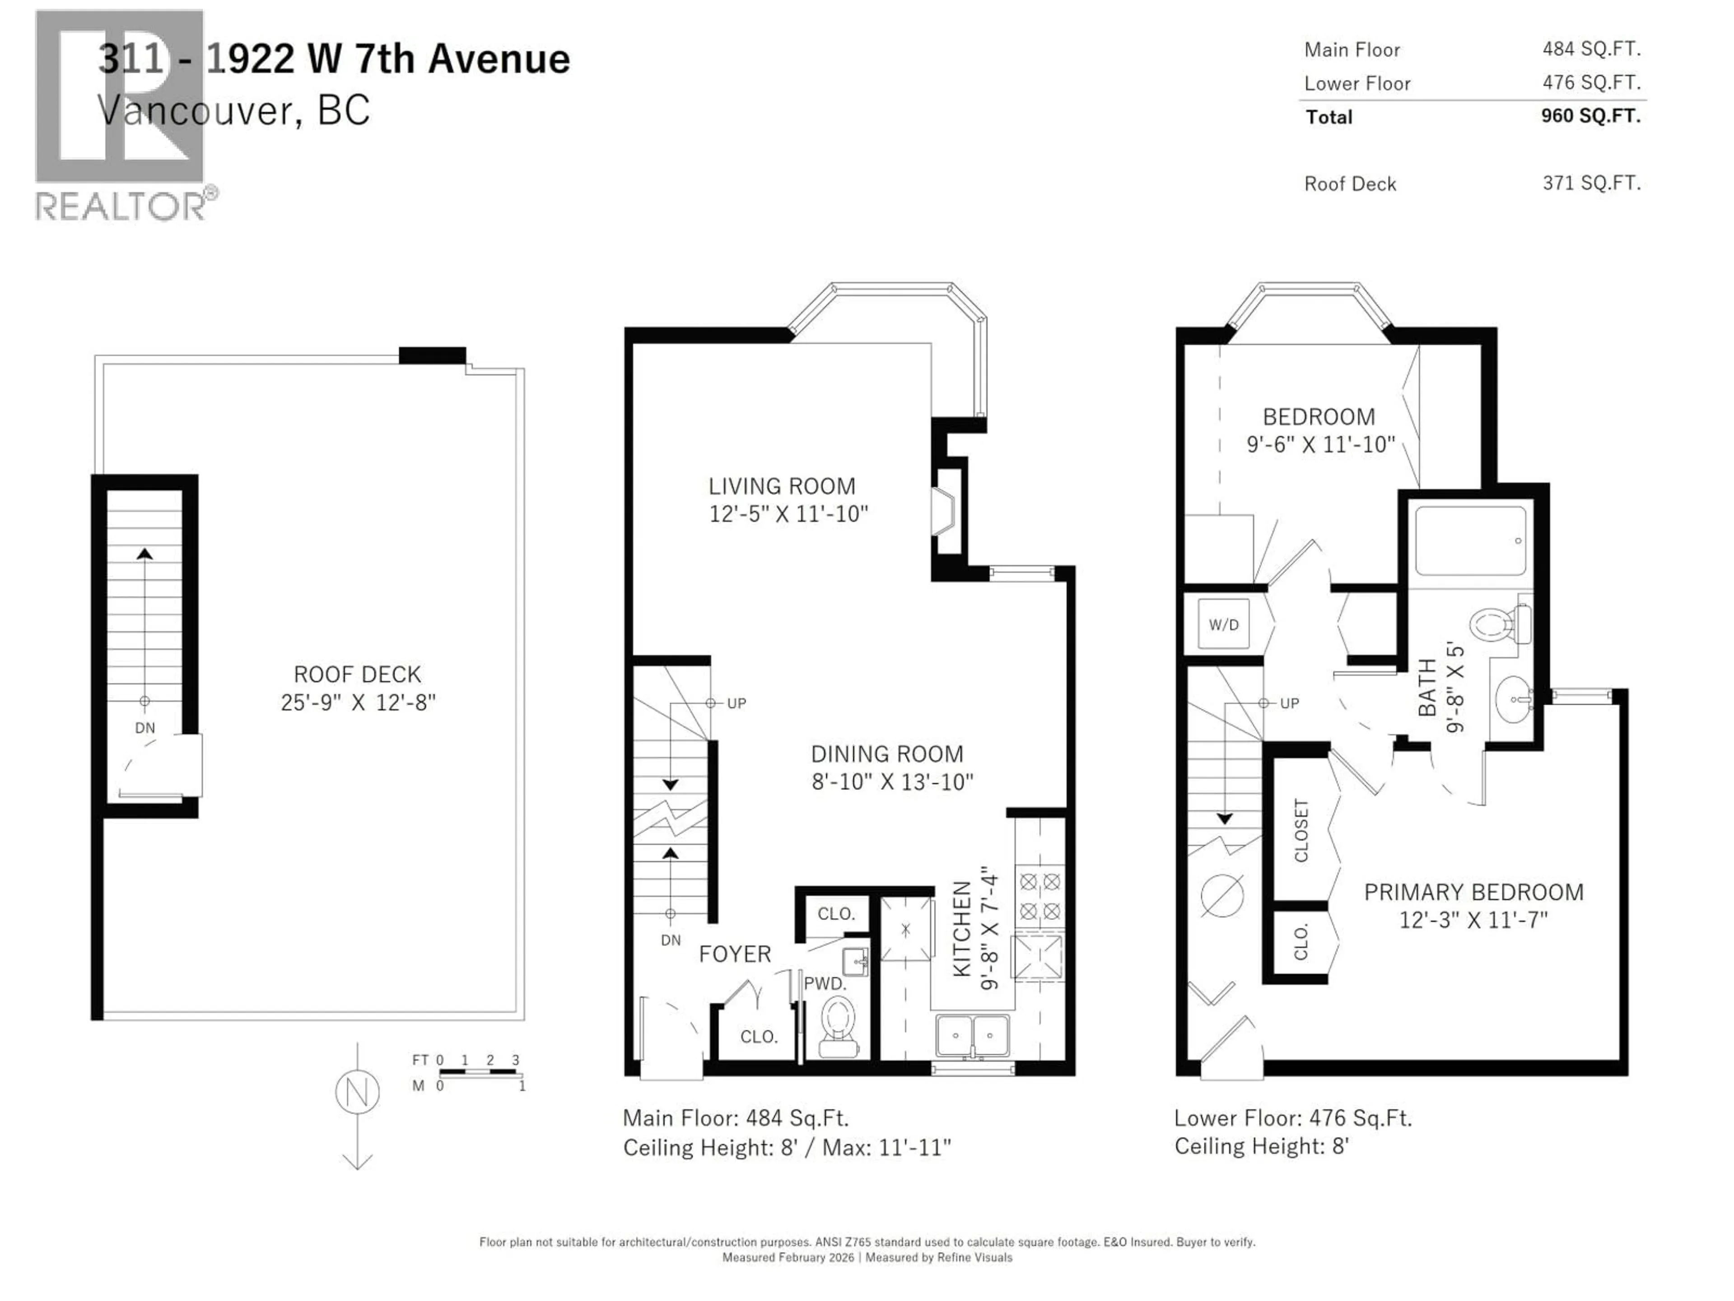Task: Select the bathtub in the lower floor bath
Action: [x=1470, y=541]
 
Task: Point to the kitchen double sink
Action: [x=972, y=1036]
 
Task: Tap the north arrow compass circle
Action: [x=358, y=1091]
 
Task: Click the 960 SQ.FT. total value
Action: [x=1590, y=116]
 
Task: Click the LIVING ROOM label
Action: [x=782, y=486]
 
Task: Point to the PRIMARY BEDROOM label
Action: [x=1473, y=893]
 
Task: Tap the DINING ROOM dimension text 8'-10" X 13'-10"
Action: [x=892, y=782]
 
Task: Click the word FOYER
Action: [x=735, y=955]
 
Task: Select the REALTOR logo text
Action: [x=121, y=206]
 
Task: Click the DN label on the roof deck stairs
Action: [x=145, y=728]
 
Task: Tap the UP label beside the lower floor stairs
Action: [x=1290, y=703]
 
